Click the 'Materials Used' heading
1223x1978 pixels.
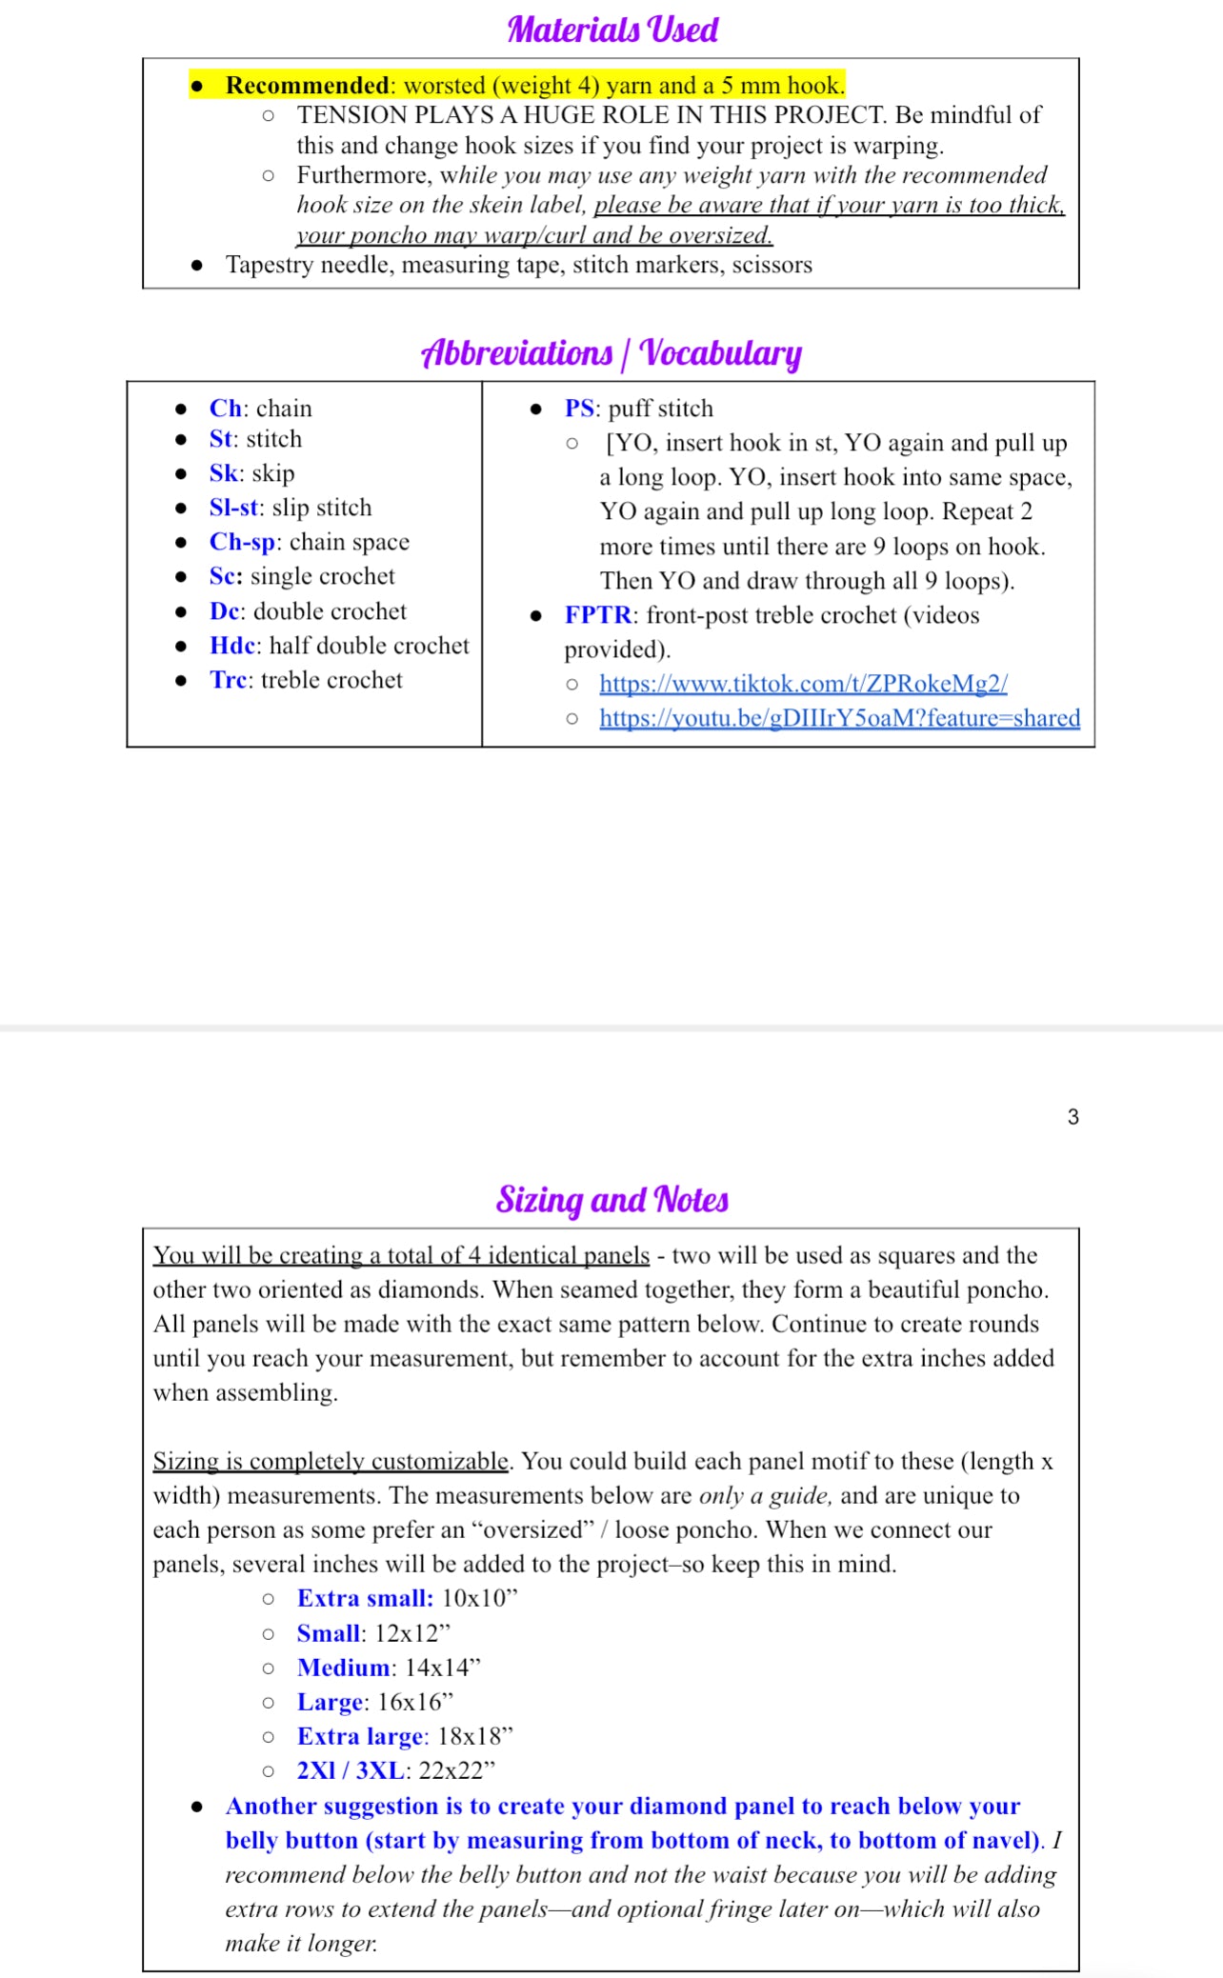[x=612, y=30]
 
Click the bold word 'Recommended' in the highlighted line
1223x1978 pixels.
[x=307, y=85]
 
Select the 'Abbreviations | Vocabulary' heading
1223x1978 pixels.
[x=611, y=352]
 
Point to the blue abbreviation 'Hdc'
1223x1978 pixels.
[x=232, y=646]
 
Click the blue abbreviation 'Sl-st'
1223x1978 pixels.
[x=233, y=508]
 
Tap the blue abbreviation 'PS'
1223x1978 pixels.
[x=579, y=409]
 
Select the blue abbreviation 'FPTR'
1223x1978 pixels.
[x=597, y=615]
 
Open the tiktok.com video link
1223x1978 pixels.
[x=803, y=684]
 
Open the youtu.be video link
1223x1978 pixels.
[x=839, y=718]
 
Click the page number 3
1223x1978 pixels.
[x=1073, y=1117]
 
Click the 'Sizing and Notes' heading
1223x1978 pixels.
[x=611, y=1200]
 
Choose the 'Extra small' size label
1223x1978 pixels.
[x=365, y=1599]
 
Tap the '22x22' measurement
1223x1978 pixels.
[x=456, y=1770]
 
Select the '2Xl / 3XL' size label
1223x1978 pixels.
[x=351, y=1770]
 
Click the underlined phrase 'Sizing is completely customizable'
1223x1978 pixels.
[x=331, y=1461]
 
